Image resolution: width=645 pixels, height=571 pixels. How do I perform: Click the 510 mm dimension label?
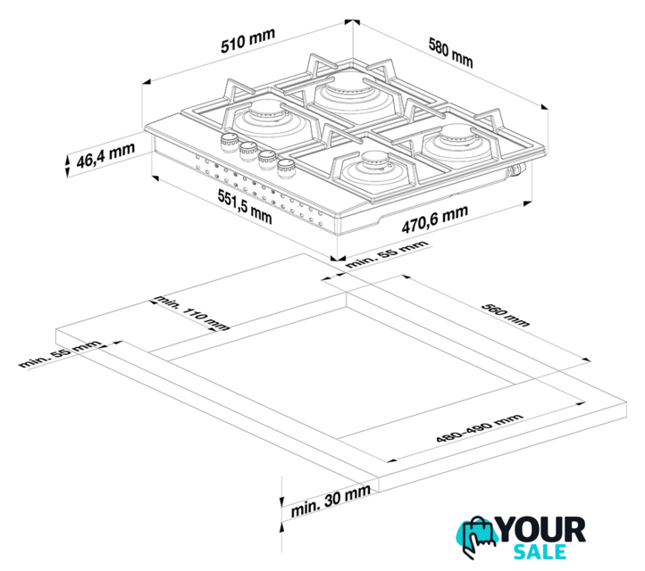point(247,40)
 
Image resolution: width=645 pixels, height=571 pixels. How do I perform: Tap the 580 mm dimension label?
point(451,52)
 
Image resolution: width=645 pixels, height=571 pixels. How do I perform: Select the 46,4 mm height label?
point(105,155)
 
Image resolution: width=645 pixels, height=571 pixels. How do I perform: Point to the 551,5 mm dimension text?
point(245,207)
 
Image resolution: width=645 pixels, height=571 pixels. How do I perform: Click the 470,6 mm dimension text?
point(435,219)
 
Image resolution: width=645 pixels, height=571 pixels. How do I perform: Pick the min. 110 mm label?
point(191,312)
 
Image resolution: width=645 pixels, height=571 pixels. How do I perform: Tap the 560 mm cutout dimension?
point(506,315)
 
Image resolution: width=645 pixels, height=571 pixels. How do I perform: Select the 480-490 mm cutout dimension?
point(480,428)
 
